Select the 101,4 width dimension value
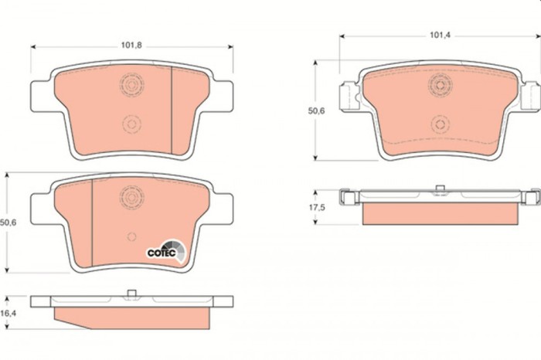[441, 35]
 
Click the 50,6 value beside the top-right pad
[317, 111]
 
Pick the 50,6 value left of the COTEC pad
[9, 222]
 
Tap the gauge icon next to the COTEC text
[178, 250]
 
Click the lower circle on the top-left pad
[131, 122]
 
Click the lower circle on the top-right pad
[441, 122]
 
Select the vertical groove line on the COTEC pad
[91, 220]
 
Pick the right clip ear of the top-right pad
[530, 95]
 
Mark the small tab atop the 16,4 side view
[131, 292]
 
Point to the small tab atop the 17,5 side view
[440, 188]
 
